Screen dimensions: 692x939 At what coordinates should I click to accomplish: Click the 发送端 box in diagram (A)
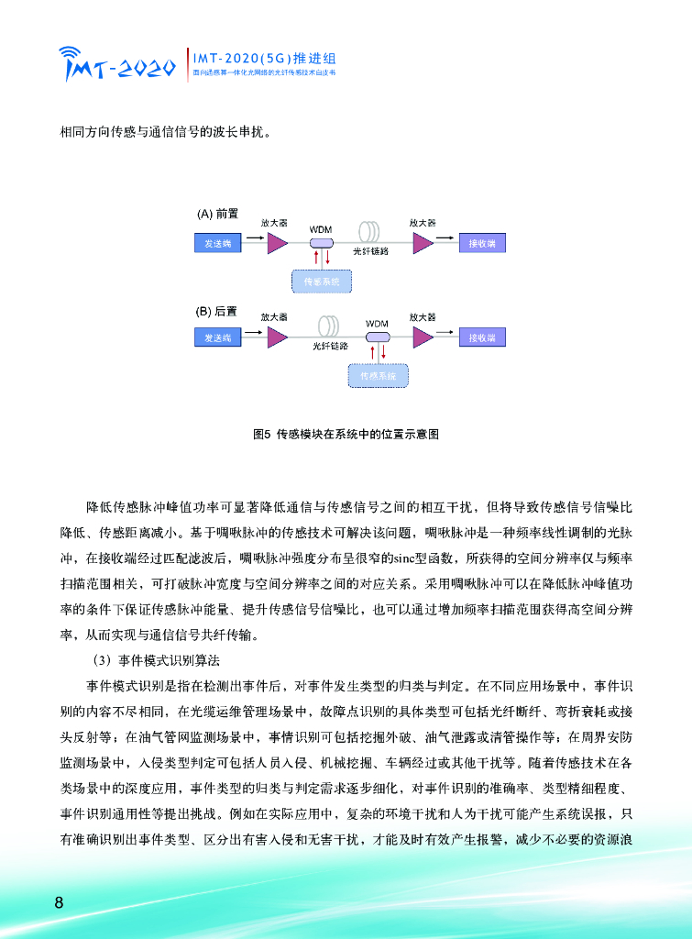click(x=216, y=243)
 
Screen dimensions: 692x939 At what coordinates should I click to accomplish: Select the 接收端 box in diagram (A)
click(x=482, y=243)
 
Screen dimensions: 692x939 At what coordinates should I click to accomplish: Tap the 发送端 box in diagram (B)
click(x=216, y=337)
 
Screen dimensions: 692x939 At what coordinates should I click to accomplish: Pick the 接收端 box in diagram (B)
click(x=482, y=337)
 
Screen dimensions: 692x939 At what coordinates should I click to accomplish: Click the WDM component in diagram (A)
click(x=321, y=242)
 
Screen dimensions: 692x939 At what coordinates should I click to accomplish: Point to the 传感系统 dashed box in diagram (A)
click(x=321, y=282)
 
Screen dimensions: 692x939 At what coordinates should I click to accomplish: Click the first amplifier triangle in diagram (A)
click(x=277, y=242)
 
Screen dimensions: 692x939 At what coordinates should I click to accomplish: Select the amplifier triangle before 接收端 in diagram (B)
click(x=423, y=337)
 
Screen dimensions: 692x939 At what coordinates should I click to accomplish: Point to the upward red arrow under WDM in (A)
click(x=316, y=259)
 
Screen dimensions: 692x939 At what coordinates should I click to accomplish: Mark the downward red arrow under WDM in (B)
click(x=384, y=352)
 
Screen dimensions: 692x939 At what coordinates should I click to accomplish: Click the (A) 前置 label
click(x=217, y=214)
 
